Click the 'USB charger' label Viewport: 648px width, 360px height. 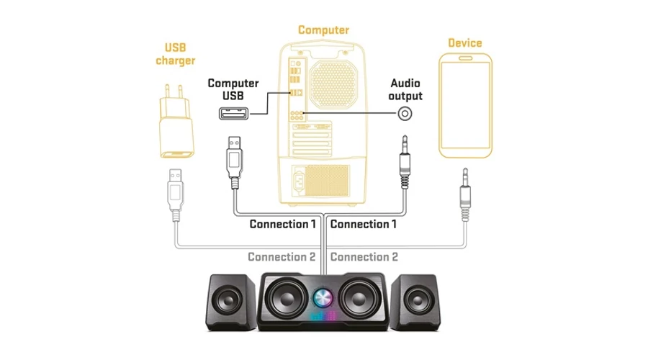tap(176, 53)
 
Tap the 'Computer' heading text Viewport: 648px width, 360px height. tap(324, 30)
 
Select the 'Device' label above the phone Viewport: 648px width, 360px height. tap(465, 43)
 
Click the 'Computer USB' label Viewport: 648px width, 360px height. tap(233, 89)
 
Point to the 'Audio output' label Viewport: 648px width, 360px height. tap(405, 89)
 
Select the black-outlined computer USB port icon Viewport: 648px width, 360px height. tap(234, 114)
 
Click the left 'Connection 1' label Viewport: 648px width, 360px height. tap(283, 224)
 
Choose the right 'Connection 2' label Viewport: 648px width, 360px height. tap(364, 256)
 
